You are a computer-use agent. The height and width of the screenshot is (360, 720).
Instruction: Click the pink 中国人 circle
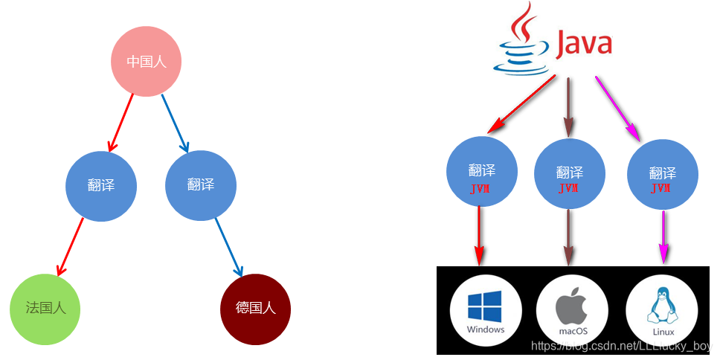tap(147, 62)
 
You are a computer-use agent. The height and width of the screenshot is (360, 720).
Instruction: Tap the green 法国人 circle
tap(45, 309)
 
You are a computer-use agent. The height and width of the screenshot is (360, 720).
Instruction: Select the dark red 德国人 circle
tap(256, 309)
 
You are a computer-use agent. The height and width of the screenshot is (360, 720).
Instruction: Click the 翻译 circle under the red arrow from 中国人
tap(101, 185)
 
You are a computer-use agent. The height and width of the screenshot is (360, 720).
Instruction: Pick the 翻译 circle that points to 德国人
tap(201, 185)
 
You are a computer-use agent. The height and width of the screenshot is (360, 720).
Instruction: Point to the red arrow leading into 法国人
tap(69, 247)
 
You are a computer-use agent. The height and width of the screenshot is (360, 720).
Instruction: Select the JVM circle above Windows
tap(481, 173)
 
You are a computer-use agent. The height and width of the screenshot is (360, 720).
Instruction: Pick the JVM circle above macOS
tap(569, 175)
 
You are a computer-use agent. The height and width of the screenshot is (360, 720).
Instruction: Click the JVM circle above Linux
tap(662, 175)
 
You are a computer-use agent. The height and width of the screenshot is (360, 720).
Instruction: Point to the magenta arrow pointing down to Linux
tap(662, 237)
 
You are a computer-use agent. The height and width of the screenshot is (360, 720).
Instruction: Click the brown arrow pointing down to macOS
tap(569, 237)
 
